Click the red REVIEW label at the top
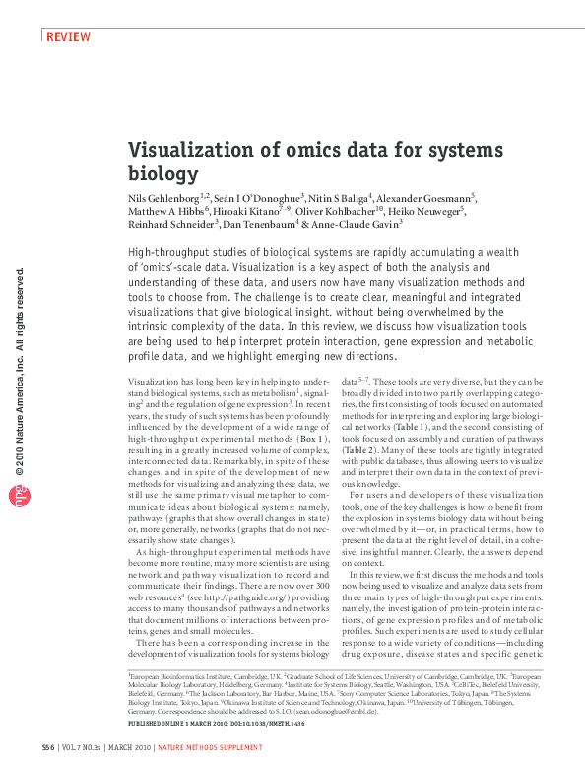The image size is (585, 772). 69,37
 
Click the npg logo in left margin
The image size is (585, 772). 19,498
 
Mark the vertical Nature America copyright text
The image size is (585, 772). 19,375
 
